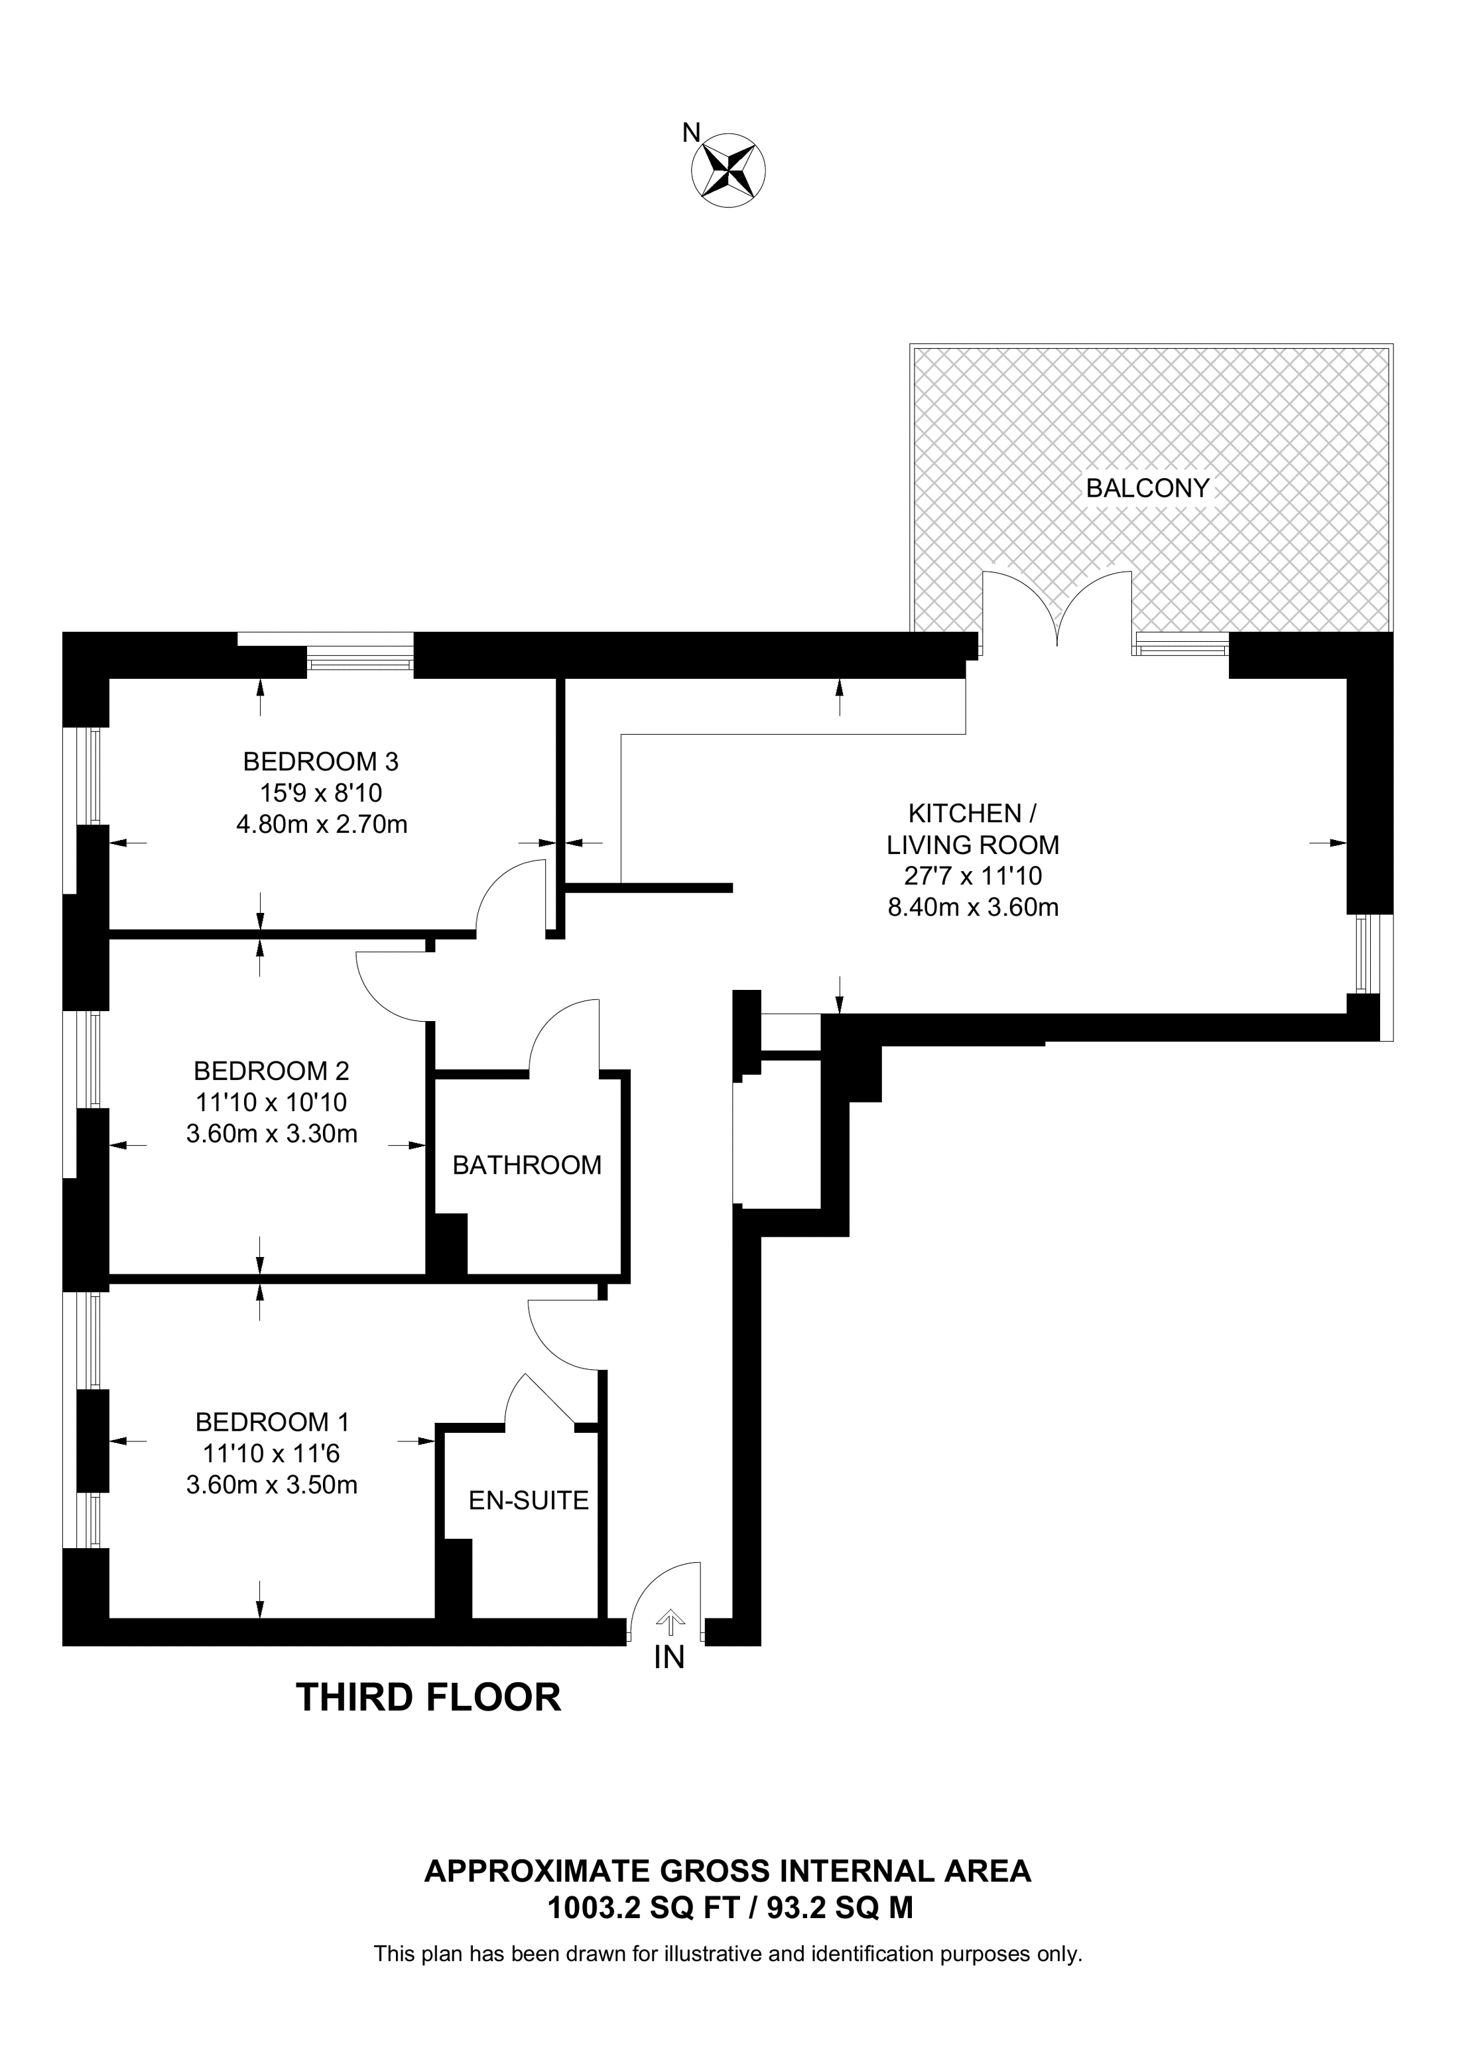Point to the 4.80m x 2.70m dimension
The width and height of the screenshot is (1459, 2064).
pyautogui.click(x=321, y=823)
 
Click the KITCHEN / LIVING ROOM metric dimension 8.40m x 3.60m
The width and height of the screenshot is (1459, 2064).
pyautogui.click(x=973, y=907)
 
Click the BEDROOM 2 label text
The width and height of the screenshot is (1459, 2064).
pyautogui.click(x=271, y=1071)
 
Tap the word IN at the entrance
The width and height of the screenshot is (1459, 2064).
pyautogui.click(x=670, y=1657)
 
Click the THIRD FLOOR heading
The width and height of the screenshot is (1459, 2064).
pyautogui.click(x=429, y=1697)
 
